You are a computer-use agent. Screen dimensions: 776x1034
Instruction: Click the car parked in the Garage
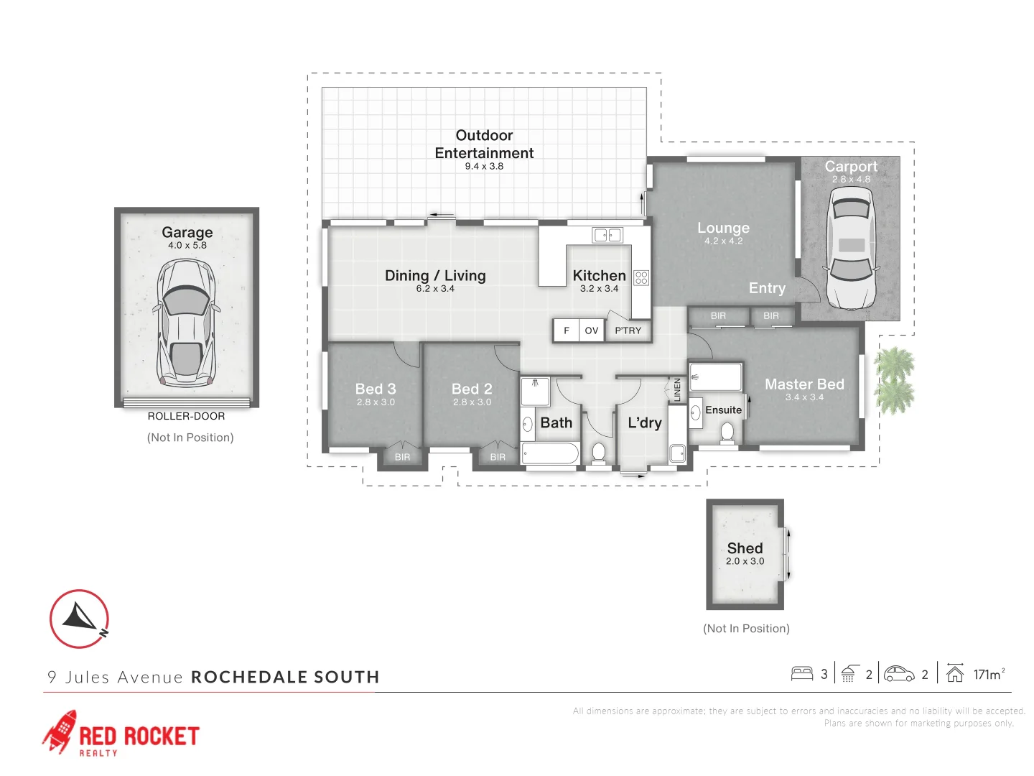(x=186, y=323)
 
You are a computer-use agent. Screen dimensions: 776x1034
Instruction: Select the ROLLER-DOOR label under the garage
(x=186, y=416)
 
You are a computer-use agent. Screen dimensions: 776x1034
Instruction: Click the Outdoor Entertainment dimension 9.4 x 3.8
(x=484, y=166)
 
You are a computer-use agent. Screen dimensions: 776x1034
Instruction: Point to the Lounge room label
(x=723, y=228)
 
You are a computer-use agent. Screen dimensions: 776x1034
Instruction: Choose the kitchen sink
(x=607, y=235)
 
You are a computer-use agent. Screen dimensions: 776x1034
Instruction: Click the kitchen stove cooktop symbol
(x=641, y=277)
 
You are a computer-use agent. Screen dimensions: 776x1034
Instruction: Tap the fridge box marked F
(x=567, y=331)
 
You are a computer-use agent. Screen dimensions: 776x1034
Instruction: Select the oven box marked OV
(x=592, y=331)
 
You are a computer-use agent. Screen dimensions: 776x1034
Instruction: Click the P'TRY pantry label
(x=628, y=331)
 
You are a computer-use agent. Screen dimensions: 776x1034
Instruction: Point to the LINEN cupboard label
(x=677, y=389)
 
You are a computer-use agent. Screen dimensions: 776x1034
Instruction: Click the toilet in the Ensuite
(x=727, y=433)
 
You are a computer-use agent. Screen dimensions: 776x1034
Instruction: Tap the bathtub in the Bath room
(x=550, y=453)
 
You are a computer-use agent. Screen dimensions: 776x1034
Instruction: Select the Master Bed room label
(x=804, y=384)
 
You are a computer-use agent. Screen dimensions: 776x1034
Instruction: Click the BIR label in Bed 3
(x=402, y=457)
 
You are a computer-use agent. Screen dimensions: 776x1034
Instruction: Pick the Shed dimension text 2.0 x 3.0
(x=745, y=561)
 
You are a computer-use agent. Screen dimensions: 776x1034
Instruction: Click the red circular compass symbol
(x=79, y=619)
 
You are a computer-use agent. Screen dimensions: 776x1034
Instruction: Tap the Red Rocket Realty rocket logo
(x=60, y=731)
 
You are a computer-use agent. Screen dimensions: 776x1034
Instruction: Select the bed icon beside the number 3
(x=801, y=673)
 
